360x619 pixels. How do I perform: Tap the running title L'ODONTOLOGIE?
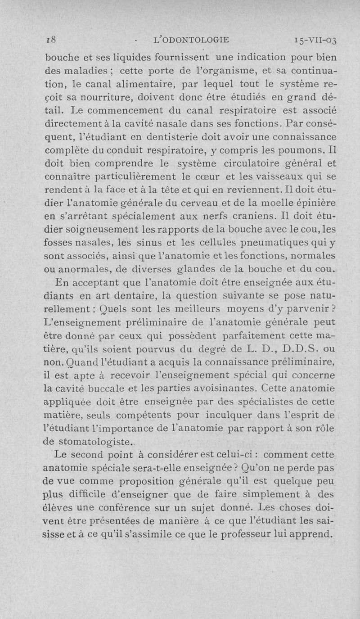coord(191,40)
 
